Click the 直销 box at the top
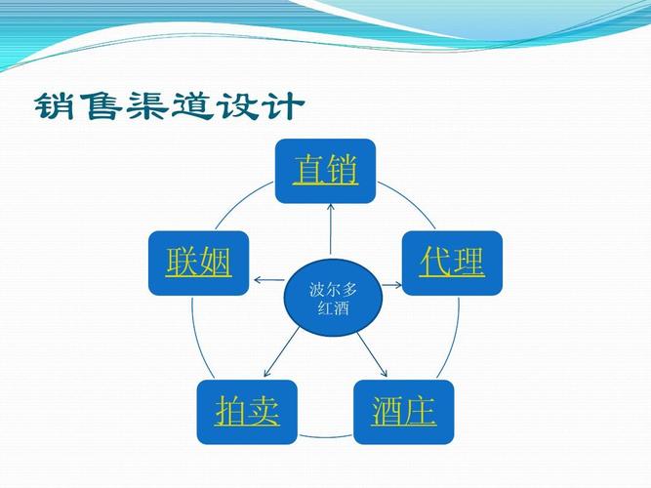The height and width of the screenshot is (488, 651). point(325,171)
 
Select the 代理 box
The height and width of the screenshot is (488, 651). point(452,263)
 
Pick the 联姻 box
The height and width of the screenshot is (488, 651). point(198,263)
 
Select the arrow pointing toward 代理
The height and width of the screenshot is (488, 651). point(391,285)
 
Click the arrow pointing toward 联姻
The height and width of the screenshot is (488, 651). point(267,281)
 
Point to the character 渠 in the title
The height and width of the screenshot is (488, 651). point(148,105)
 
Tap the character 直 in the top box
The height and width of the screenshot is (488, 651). point(309,171)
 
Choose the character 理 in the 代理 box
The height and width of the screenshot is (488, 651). point(468,263)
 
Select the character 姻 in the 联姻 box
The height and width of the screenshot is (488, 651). point(215,263)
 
